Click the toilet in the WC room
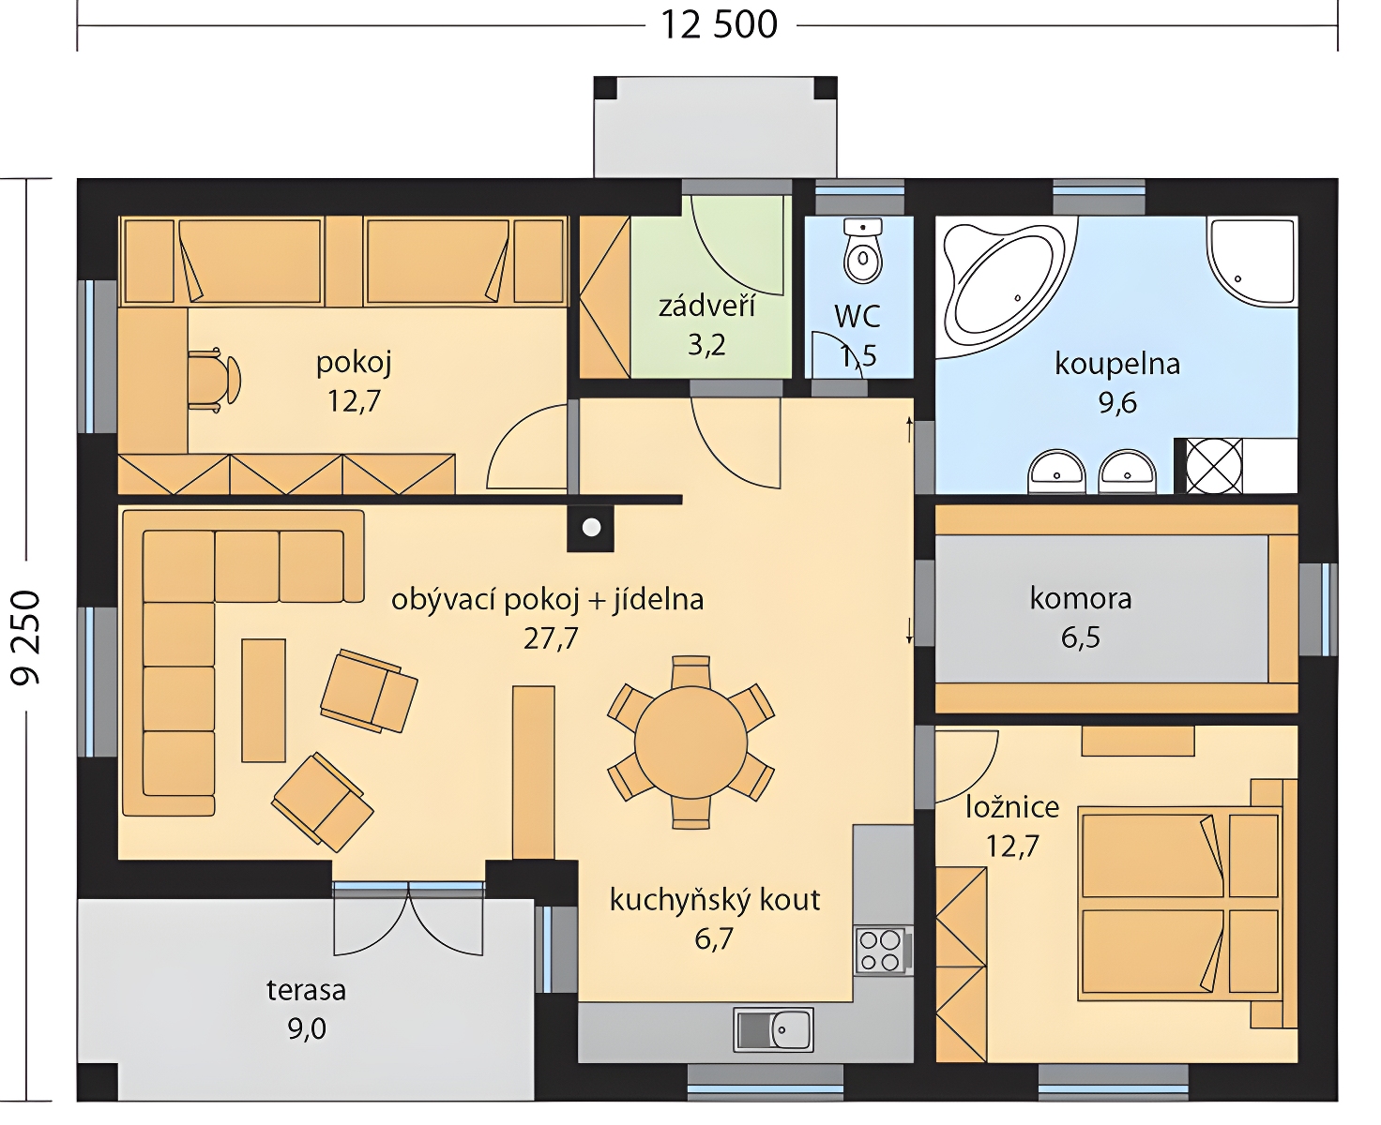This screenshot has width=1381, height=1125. tap(862, 252)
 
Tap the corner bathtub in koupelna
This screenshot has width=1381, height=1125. tap(1005, 288)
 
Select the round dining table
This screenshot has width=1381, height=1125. tap(690, 742)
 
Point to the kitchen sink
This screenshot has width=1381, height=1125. tap(773, 1029)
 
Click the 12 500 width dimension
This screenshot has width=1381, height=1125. tap(719, 25)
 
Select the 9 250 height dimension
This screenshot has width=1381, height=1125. tap(26, 638)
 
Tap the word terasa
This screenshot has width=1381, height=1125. tap(306, 990)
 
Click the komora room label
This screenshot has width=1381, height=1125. tap(1081, 599)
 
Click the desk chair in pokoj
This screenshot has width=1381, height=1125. tap(214, 381)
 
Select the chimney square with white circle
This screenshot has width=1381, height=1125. tap(591, 528)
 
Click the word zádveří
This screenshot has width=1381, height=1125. tap(706, 307)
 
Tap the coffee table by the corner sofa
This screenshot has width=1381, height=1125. tap(264, 700)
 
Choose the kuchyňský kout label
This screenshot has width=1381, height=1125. tap(714, 900)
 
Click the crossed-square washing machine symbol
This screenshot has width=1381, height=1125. tap(1214, 465)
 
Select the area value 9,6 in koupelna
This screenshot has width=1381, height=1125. tap(1117, 402)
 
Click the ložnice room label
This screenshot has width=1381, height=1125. tap(1012, 807)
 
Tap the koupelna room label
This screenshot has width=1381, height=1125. tap(1117, 364)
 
